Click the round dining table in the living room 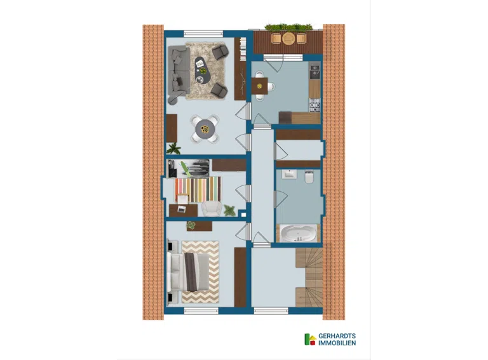[x=205, y=129]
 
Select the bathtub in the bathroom [x=298, y=233]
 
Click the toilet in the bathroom [x=309, y=177]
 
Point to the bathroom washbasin [x=289, y=174]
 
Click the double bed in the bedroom [x=188, y=272]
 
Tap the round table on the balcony [x=288, y=38]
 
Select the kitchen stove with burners [x=315, y=105]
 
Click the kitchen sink [x=315, y=71]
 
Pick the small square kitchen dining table [x=259, y=86]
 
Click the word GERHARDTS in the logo [x=337, y=336]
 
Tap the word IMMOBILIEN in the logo [x=337, y=343]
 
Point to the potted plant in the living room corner [x=173, y=149]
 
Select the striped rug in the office [x=198, y=189]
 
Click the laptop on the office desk [x=181, y=210]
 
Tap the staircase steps [x=309, y=277]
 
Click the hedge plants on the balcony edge [x=288, y=27]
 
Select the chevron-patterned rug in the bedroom [x=200, y=272]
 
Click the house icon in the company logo [x=310, y=340]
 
